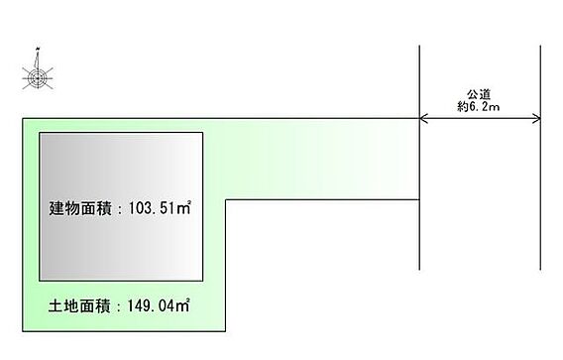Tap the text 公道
click(x=479, y=95)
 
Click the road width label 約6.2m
click(x=479, y=107)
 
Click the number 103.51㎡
click(x=160, y=208)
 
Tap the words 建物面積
click(x=80, y=208)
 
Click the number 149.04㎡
click(x=159, y=305)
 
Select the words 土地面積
click(x=79, y=306)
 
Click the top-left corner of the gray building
click(x=40, y=133)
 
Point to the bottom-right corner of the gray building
click(x=203, y=281)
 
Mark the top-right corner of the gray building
click(x=203, y=133)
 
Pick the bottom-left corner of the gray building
click(x=40, y=281)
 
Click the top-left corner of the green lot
click(x=23, y=119)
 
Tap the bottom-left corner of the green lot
click(x=23, y=331)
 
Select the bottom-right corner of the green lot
click(x=225, y=331)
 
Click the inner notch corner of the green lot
click(x=225, y=199)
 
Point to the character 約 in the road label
click(x=463, y=107)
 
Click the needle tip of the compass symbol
click(x=38, y=49)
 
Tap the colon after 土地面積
click(x=119, y=307)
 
